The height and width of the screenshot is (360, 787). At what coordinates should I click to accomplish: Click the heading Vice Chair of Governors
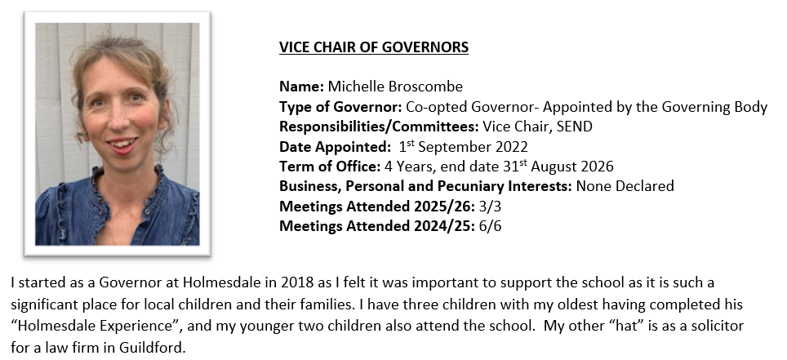click(373, 47)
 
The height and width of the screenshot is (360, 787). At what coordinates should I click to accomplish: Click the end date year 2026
click(597, 167)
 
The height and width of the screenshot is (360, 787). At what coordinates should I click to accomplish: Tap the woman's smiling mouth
click(122, 146)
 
